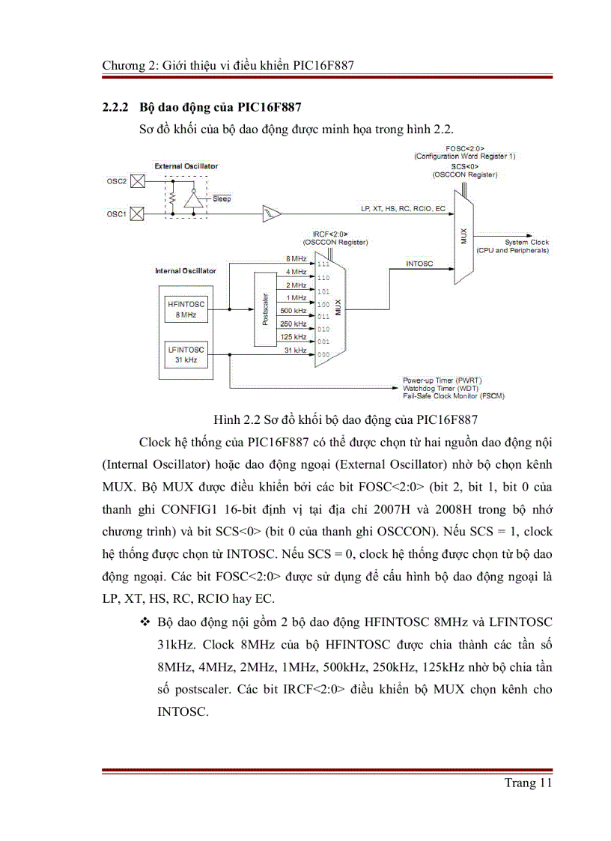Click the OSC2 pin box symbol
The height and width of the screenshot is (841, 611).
coord(138,180)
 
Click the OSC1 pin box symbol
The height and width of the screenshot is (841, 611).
coord(138,214)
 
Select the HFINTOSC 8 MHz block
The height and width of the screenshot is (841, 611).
coord(186,310)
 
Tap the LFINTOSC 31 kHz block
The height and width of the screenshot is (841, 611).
coord(186,354)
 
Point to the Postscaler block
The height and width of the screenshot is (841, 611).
coord(265,309)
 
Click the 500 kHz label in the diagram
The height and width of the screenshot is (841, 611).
coord(294,310)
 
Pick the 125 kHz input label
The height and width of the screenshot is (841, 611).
coord(294,337)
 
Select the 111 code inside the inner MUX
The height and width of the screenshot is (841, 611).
coord(323,264)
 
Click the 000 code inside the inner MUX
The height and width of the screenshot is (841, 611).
coord(323,354)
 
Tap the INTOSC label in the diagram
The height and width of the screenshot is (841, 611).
coord(419,264)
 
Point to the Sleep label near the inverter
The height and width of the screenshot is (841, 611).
coord(222,199)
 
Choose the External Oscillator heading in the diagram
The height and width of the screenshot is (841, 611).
coord(186,166)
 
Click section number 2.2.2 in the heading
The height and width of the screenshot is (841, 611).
coord(116,108)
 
